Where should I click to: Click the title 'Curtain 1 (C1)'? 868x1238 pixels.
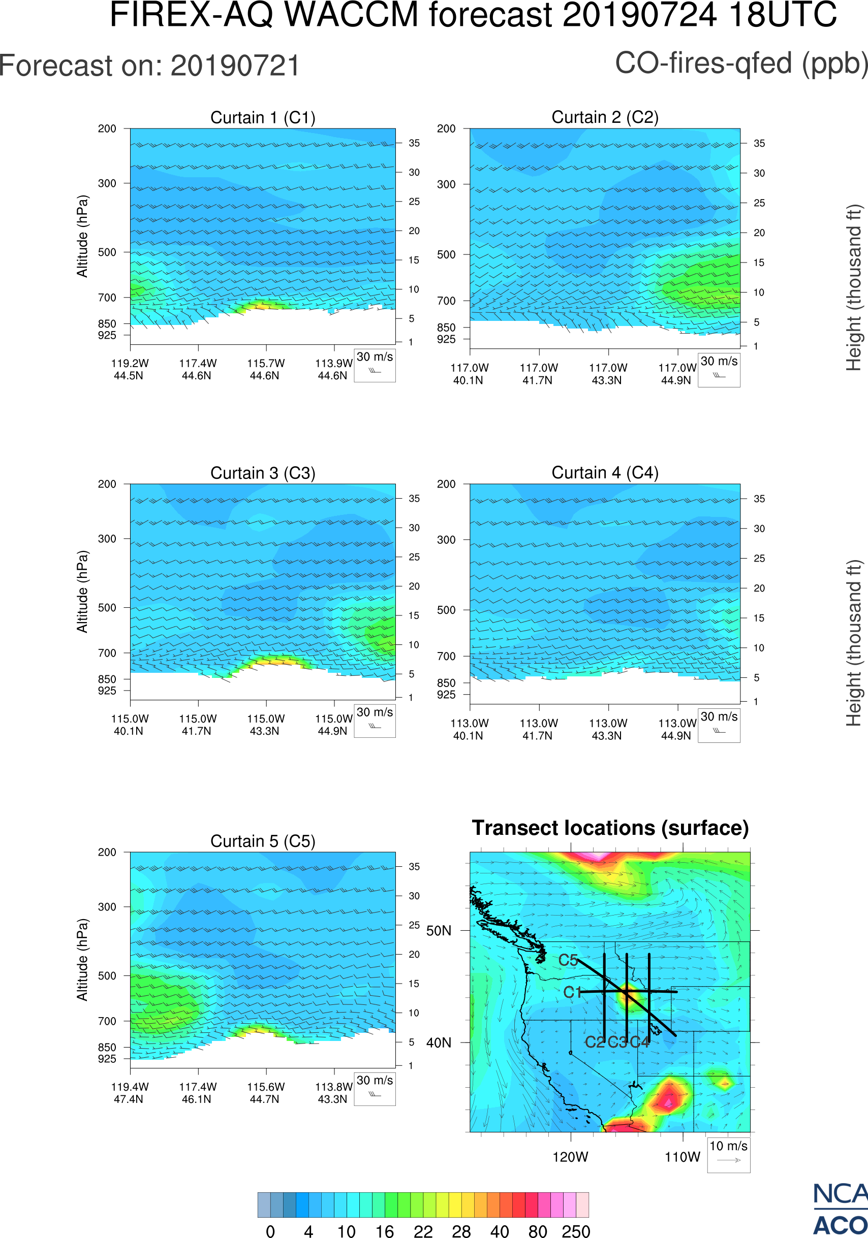click(263, 117)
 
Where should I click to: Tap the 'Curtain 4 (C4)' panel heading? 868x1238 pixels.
click(605, 473)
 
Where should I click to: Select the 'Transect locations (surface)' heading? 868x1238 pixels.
click(610, 828)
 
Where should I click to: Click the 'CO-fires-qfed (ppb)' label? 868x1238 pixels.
click(741, 63)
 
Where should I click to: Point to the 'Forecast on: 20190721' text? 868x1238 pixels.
click(149, 67)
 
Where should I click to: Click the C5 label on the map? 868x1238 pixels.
click(568, 960)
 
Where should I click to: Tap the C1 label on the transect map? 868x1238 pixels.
click(572, 992)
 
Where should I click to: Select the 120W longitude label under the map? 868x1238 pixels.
click(570, 1157)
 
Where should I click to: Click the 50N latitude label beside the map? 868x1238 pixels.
click(439, 931)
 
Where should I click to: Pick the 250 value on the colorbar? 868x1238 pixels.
click(576, 1231)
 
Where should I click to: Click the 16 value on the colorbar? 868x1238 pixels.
click(385, 1231)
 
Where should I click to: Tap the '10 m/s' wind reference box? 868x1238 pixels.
click(728, 1154)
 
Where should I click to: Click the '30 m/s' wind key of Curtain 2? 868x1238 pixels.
click(719, 369)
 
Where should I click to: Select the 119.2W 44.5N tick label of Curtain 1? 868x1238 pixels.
click(130, 369)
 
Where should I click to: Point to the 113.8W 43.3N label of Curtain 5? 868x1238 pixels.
click(333, 1093)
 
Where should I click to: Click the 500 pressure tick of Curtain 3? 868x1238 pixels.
click(107, 608)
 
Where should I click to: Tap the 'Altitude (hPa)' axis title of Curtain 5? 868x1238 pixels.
click(82, 960)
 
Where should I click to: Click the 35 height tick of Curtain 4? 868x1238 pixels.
click(759, 499)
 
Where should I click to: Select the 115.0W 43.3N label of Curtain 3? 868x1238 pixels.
click(265, 725)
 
